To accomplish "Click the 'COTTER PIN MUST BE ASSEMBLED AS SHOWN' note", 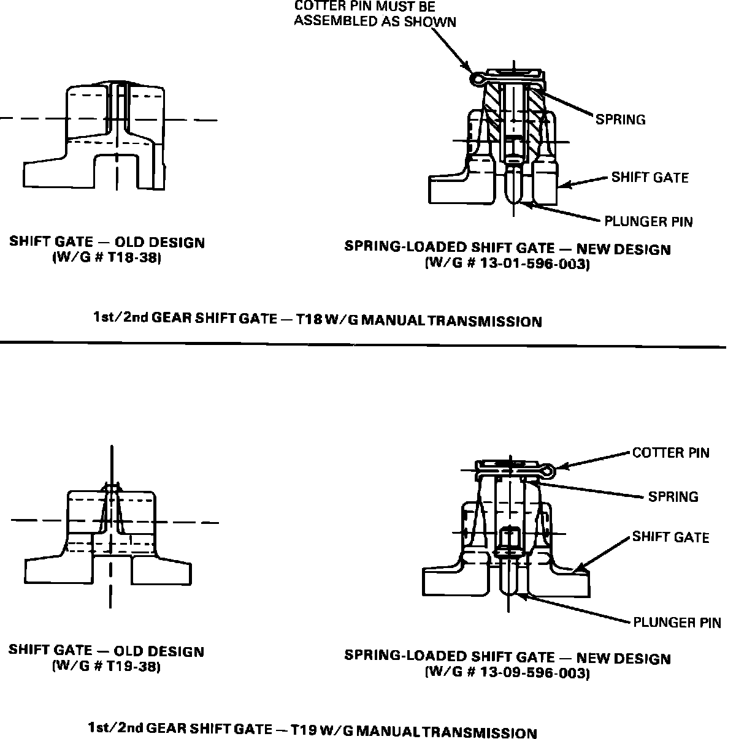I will [375, 14].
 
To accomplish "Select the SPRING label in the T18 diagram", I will [620, 119].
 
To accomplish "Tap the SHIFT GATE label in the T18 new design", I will [650, 178].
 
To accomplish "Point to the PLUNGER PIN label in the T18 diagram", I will [648, 221].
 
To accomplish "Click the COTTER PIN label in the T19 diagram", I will [670, 453].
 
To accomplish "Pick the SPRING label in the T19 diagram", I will [673, 496].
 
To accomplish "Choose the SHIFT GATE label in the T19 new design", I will [670, 537].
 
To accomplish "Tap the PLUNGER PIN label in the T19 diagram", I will [677, 623].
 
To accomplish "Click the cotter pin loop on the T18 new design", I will [476, 78].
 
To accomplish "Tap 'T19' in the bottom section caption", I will [302, 730].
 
